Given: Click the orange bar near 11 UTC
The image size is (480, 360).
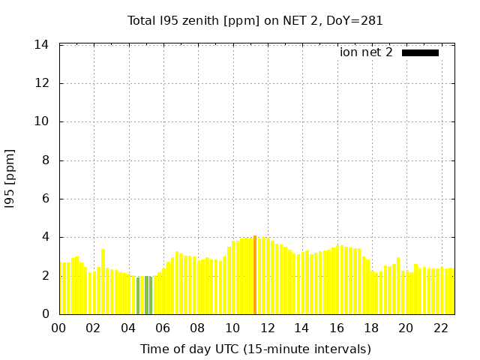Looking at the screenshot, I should (255, 274).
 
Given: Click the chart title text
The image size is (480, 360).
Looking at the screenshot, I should (255, 21).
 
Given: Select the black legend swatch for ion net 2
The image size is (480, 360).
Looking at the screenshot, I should (420, 52).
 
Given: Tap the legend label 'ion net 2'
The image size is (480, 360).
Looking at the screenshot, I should (366, 52).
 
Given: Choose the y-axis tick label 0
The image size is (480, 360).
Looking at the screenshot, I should (46, 314).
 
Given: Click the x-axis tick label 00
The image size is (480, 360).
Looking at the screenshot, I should (58, 328).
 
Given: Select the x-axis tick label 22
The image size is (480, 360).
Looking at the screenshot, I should (441, 328).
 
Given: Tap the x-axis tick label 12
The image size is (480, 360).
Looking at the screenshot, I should (267, 328).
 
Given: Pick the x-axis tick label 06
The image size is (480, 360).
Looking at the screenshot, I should (163, 328).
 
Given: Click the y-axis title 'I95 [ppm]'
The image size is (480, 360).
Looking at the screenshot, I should (10, 180).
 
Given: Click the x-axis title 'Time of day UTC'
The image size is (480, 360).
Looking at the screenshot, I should (255, 349).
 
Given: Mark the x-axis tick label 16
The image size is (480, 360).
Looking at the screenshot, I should (337, 328).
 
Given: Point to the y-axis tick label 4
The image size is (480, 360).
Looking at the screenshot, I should (46, 237).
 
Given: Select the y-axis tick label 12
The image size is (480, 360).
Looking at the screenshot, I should (42, 83).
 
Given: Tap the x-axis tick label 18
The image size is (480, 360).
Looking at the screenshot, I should (371, 328).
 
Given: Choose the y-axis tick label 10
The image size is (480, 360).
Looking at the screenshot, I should (42, 121).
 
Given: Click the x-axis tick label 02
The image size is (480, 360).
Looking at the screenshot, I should (93, 328).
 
